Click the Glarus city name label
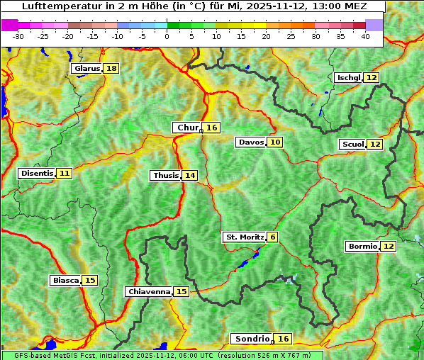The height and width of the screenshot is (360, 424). [x=87, y=69]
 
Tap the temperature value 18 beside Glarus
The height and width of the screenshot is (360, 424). [x=111, y=69]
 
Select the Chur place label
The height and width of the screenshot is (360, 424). [x=187, y=128]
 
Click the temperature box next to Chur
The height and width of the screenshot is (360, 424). [x=212, y=128]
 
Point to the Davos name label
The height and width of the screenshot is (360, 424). [x=251, y=142]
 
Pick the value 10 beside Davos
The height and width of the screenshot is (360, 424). [x=275, y=142]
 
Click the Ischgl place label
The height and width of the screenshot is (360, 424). [x=349, y=77]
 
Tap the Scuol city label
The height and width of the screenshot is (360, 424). [x=352, y=145]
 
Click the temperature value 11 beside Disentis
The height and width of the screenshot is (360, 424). [x=65, y=173]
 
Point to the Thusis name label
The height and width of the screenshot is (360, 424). [x=165, y=175]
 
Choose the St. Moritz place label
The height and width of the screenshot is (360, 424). [x=245, y=237]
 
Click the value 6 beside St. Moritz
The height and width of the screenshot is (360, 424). [x=273, y=237]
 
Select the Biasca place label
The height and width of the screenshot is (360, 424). [x=66, y=280]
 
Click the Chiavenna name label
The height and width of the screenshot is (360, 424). [x=148, y=291]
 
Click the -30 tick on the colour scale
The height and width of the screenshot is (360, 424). [x=18, y=36]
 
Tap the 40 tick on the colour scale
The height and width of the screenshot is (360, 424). [x=365, y=36]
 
